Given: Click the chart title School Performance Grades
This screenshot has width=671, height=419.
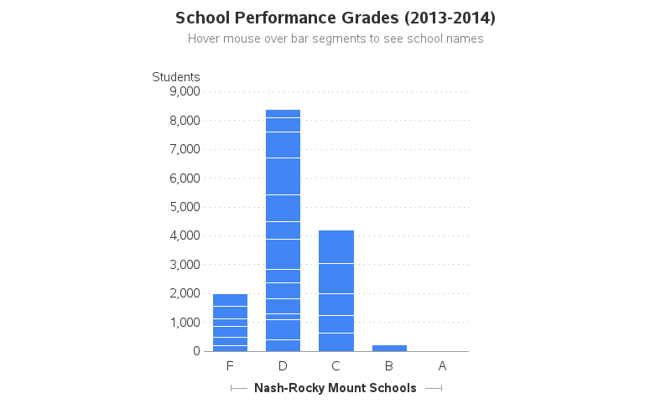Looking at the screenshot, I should coord(335,18).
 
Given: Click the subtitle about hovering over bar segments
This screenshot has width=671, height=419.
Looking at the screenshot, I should coord(335,39).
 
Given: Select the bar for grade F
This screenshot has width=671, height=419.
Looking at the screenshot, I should coord(230,323).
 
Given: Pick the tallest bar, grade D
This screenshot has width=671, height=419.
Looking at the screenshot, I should coord(283,230).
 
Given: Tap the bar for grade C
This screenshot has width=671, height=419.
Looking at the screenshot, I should coord(336,291).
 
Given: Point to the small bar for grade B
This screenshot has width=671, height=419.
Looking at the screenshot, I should coord(389,348).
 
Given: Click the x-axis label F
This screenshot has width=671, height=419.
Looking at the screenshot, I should coord(230,366).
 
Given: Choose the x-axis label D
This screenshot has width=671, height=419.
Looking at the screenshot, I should coord(283,366).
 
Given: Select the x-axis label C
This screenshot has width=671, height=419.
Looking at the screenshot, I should coord(336,366).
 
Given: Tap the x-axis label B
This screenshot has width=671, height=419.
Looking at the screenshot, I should coord(389,366).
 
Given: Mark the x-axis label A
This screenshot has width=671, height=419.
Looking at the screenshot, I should coord(442,366).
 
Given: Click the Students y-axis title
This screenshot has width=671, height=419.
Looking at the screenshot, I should coord(176,77).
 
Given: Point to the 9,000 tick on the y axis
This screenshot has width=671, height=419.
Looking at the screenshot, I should coord(184,91).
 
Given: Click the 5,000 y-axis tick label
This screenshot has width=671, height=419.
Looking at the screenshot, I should coord(184,207).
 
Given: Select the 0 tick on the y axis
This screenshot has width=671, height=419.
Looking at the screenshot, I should coord(195,351).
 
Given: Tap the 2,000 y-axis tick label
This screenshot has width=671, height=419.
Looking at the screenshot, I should coord(184,293).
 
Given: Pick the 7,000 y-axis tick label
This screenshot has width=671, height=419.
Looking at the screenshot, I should coord(184,149).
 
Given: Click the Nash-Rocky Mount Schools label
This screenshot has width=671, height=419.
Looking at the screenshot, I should coord(335,388).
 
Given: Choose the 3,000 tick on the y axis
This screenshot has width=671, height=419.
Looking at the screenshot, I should coord(184,265).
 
